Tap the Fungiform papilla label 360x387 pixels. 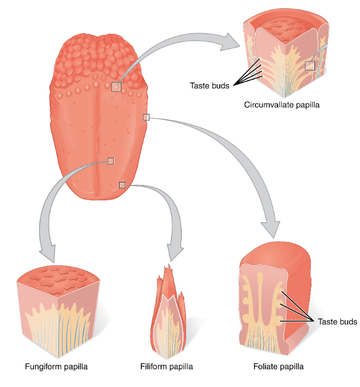tap(56, 367)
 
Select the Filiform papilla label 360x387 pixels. tap(167, 367)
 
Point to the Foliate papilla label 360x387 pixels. tap(277, 367)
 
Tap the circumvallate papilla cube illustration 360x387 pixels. tap(284, 56)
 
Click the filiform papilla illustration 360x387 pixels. tap(171, 314)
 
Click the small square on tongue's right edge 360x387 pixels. tap(146, 117)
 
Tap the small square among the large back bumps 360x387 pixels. tap(116, 87)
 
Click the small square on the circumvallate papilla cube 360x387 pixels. tap(310, 66)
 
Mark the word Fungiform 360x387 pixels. tap(43, 367)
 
